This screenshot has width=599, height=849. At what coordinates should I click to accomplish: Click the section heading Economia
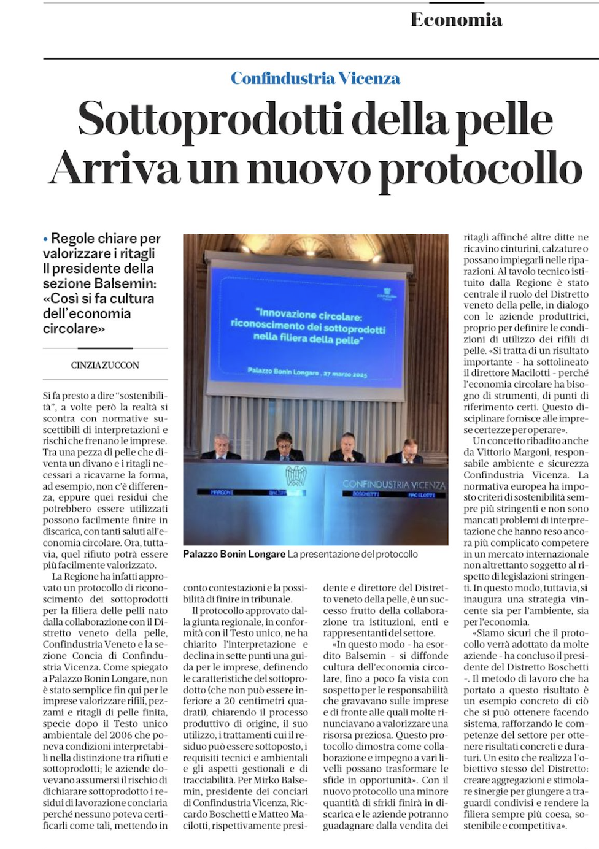point(456,20)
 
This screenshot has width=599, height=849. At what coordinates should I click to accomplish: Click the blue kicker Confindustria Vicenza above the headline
point(315,79)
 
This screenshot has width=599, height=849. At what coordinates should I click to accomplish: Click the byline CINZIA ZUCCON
point(105,365)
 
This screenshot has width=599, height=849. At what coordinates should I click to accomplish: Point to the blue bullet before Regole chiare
point(45,239)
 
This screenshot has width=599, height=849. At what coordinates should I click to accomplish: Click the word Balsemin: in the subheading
point(127,283)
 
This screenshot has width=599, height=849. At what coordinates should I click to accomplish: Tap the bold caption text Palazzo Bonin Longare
point(234,554)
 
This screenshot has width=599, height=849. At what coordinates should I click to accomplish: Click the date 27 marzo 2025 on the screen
point(344,374)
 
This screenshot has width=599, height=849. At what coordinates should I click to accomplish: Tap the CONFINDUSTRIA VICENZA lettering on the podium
point(393,485)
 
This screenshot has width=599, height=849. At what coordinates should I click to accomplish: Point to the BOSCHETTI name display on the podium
point(365,494)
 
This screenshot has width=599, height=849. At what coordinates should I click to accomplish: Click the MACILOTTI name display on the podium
point(422,494)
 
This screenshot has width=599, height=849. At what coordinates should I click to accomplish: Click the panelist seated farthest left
point(219,448)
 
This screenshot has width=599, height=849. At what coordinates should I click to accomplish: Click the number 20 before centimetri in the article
point(230,701)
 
